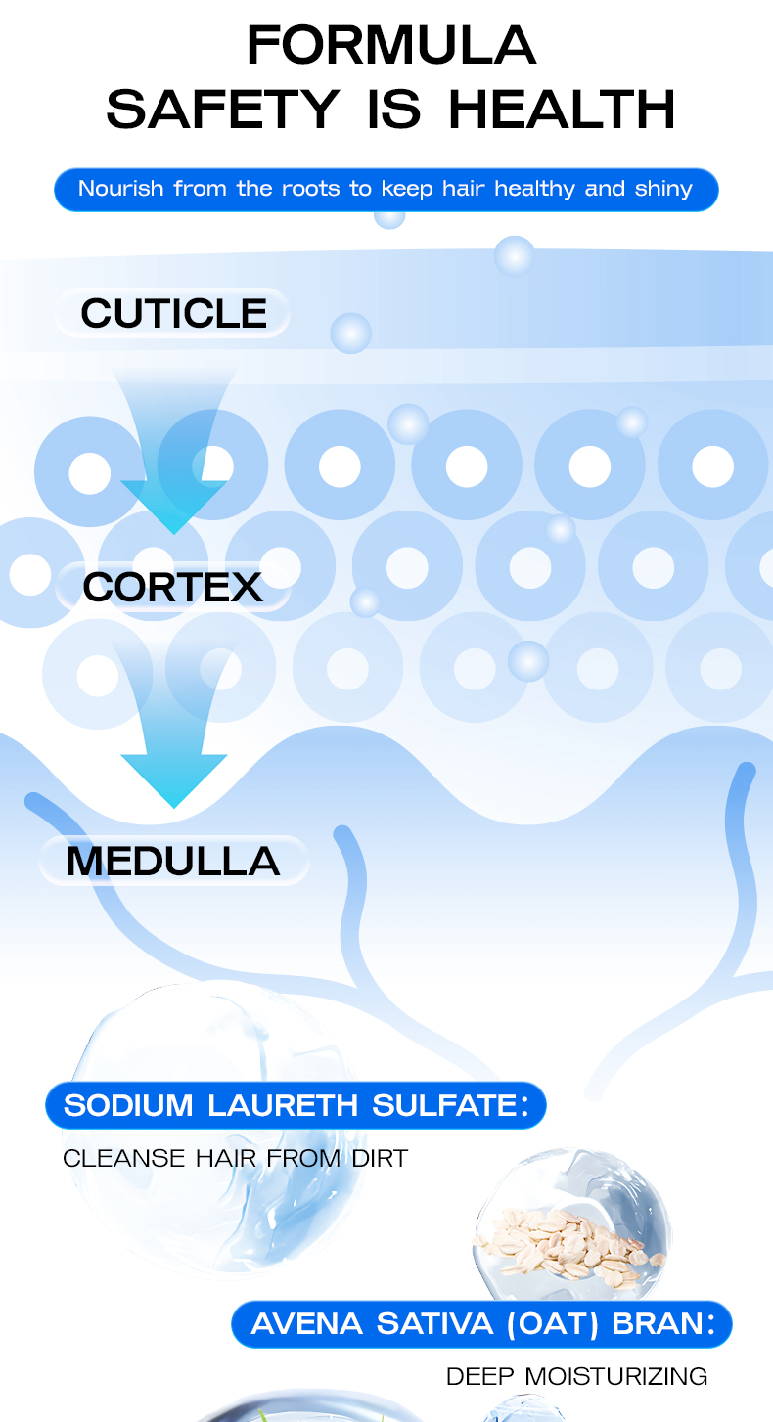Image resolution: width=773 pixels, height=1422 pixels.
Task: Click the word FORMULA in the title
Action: point(390,45)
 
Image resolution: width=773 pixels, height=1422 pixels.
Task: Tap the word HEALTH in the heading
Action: point(562,109)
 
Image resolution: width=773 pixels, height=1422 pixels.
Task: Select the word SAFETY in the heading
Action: point(222,109)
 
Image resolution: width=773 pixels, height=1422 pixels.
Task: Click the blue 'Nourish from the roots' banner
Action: point(386,189)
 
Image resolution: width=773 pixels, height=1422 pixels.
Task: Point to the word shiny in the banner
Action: point(663,189)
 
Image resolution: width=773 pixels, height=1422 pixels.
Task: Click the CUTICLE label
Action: point(173,314)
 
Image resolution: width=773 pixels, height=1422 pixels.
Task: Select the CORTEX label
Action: point(172,587)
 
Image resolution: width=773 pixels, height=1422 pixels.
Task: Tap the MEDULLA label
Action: point(172,861)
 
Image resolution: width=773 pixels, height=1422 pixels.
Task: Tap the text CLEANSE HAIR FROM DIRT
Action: point(235,1159)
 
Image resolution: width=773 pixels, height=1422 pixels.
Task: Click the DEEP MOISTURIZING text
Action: point(576,1377)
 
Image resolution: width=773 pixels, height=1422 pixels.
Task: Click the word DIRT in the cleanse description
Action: point(380,1159)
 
